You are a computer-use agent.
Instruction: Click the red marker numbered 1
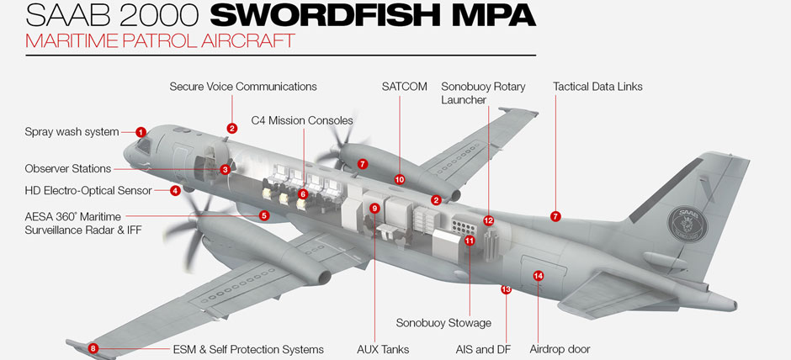tap(141, 132)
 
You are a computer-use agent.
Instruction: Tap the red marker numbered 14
tap(539, 276)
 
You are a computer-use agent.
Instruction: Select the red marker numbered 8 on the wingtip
tap(93, 348)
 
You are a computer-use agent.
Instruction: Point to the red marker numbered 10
tap(400, 179)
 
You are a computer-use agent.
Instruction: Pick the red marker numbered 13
tap(506, 289)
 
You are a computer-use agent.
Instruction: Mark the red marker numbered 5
tap(264, 215)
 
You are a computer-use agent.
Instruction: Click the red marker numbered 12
tap(488, 220)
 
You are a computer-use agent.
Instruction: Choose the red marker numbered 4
tap(175, 191)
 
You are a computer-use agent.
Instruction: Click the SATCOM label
tap(404, 87)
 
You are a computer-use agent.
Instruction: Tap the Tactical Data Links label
tap(597, 87)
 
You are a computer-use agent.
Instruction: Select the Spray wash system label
tap(72, 132)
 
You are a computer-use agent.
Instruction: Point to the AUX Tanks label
tap(383, 349)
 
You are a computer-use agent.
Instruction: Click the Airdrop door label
tap(560, 349)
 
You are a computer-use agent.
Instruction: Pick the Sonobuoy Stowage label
tap(443, 323)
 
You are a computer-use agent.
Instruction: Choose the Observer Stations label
tap(67, 169)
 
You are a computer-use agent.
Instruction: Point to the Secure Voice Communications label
tap(243, 87)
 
